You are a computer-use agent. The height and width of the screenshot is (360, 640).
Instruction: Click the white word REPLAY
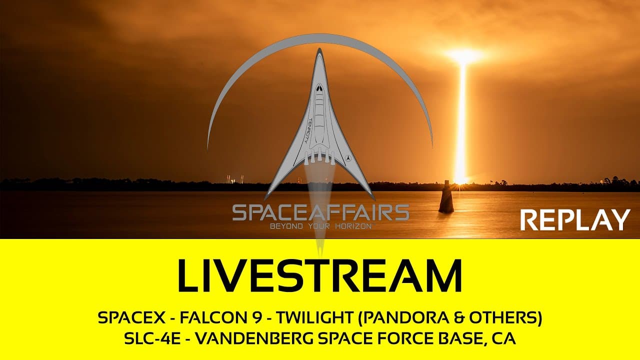pyautogui.click(x=575, y=220)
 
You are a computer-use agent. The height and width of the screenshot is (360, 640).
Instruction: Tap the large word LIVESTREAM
pyautogui.click(x=320, y=275)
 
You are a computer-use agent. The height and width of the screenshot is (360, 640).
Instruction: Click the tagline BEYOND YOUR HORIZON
pyautogui.click(x=320, y=226)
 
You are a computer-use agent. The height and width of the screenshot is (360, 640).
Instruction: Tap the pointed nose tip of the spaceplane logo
pyautogui.click(x=318, y=50)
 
